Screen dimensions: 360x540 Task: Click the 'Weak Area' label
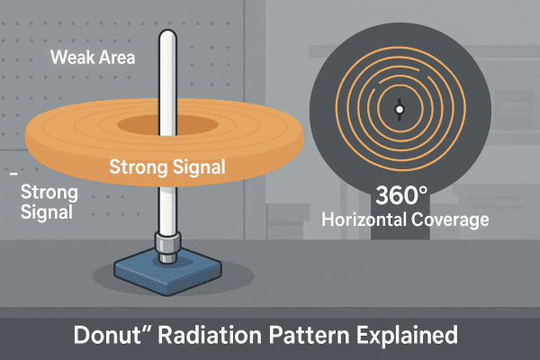tap(92, 58)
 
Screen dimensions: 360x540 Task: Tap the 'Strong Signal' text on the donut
tap(166, 166)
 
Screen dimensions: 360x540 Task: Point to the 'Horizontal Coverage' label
tap(405, 219)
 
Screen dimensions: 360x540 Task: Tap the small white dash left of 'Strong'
tap(13, 171)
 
